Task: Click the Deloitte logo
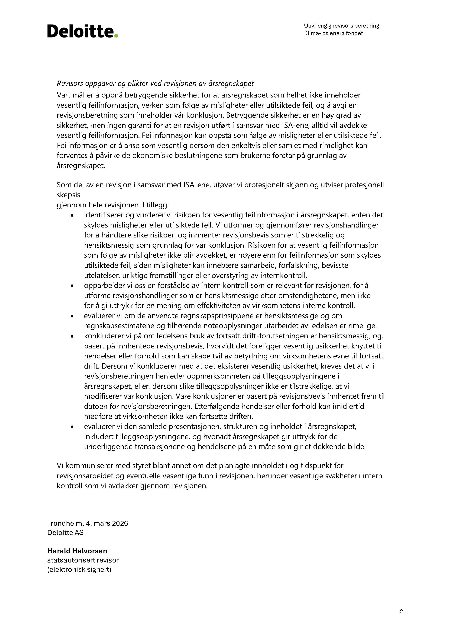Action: pos(82,31)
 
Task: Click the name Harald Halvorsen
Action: pos(77,551)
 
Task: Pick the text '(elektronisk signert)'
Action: pos(79,569)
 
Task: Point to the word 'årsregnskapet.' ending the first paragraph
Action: pos(81,166)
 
